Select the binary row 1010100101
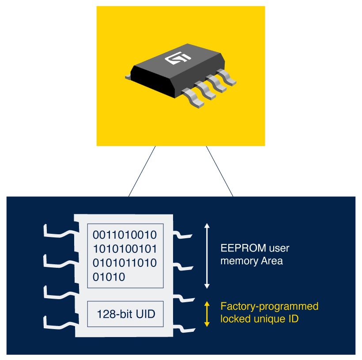[x=125, y=248]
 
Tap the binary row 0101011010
[x=125, y=263]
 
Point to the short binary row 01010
[x=109, y=277]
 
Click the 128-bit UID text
[x=126, y=315]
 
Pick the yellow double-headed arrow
[x=207, y=314]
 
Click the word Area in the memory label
[x=271, y=261]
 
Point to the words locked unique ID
[x=259, y=318]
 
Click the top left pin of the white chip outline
[x=57, y=230]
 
